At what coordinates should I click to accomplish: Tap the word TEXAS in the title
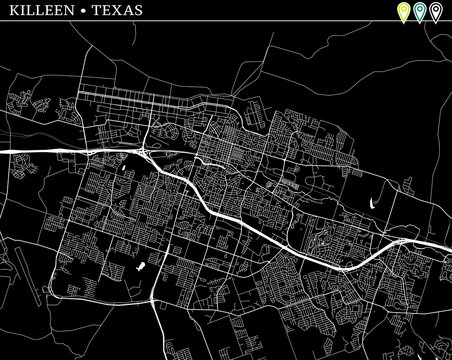113,11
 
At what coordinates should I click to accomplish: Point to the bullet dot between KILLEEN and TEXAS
81,11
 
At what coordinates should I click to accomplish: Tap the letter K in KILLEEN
10,11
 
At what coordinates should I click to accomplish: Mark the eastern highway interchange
401,243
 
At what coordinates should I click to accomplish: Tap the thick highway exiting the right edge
446,253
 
